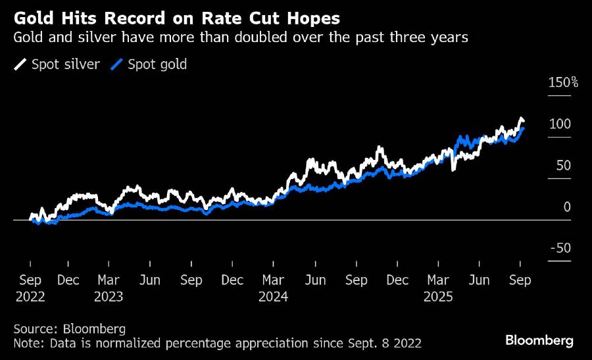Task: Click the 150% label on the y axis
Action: (x=562, y=83)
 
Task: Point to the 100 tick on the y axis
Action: (x=561, y=124)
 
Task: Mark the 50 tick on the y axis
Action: (x=563, y=166)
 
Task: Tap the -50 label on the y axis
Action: (x=560, y=248)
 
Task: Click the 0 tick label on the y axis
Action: (x=567, y=207)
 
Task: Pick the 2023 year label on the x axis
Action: (x=109, y=296)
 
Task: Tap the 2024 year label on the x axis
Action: (x=273, y=296)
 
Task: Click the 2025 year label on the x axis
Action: (x=438, y=296)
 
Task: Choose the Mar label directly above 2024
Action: (x=273, y=280)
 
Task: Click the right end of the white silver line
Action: (x=524, y=120)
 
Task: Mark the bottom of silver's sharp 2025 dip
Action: (x=453, y=170)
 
